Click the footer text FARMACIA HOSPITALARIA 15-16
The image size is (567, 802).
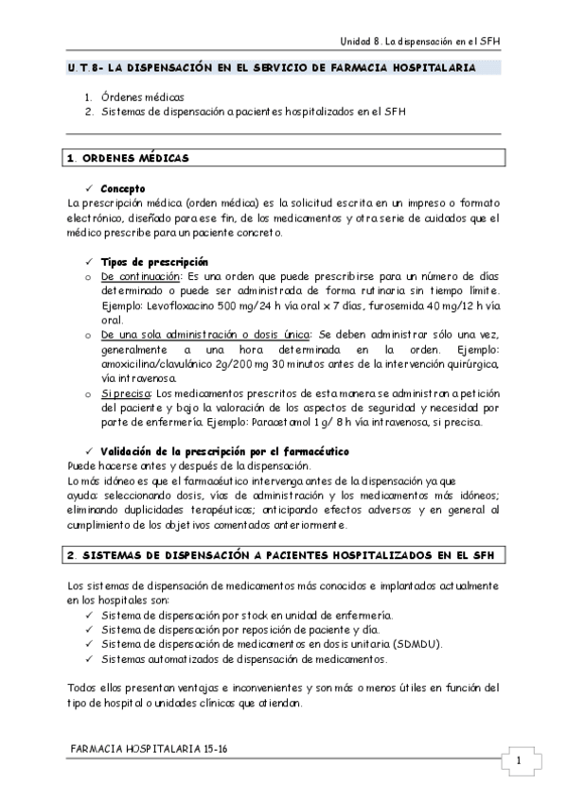(150, 748)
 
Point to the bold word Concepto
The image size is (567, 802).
(123, 189)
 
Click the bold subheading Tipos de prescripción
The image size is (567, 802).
(154, 262)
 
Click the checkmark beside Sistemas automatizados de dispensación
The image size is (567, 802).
(88, 659)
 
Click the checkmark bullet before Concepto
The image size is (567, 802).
(88, 189)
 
